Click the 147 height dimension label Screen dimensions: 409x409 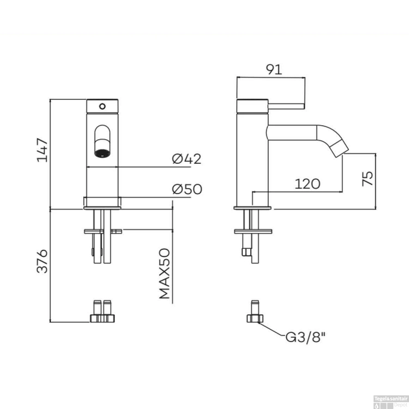click(x=42, y=150)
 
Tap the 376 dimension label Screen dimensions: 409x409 click(x=42, y=261)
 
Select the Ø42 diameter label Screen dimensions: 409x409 click(x=187, y=159)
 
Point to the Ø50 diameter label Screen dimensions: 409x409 click(x=187, y=189)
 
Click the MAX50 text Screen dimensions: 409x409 click(x=165, y=273)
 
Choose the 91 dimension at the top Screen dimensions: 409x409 click(x=274, y=70)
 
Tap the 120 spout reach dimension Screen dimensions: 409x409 click(x=307, y=184)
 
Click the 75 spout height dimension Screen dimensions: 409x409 click(x=368, y=179)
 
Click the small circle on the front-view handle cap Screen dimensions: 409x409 click(x=103, y=106)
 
